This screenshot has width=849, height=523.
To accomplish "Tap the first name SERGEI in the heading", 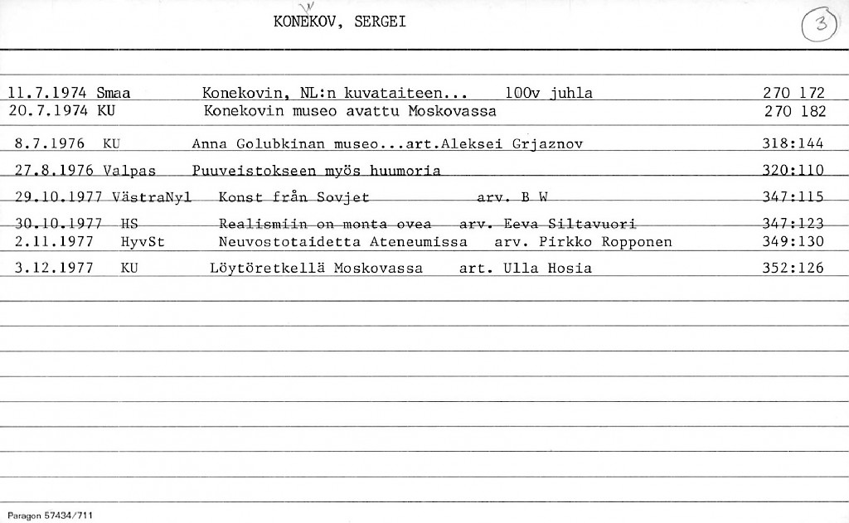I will coord(380,22).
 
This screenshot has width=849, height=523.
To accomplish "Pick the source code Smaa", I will coord(114,93).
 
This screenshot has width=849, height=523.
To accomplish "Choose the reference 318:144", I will coord(793,143).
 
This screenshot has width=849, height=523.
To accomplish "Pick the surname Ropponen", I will coord(634,242).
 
